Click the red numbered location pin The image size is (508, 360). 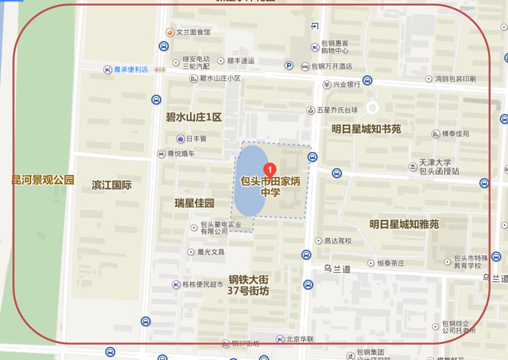coord(269,170)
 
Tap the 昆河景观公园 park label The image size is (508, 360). coord(43,180)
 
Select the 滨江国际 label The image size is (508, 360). coord(112,185)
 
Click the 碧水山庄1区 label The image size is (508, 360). coord(194,118)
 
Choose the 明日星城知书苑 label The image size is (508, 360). coord(366,129)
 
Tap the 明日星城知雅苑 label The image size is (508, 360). coord(404,224)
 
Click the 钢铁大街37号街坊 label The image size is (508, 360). coord(249,285)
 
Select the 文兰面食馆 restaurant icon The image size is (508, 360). coord(170,32)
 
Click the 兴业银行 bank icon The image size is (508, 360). coord(327,84)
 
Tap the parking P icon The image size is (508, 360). coord(289,65)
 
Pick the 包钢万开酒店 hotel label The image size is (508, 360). coord(332,66)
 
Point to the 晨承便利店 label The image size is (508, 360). coord(130,70)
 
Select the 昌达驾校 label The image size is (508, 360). coord(338,240)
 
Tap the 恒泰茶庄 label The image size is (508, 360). coord(390,263)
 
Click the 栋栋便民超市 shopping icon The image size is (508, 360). coord(176,285)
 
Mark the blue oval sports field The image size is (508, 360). coord(252,180)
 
